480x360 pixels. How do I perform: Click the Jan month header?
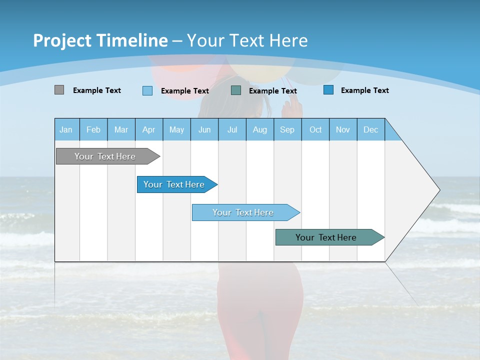tap(66, 129)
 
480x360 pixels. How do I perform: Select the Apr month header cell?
tap(149, 129)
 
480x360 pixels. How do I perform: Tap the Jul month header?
tap(232, 129)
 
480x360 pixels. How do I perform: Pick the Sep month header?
tap(287, 129)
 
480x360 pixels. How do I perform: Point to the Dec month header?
tap(370, 129)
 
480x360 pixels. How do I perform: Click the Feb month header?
tap(93, 129)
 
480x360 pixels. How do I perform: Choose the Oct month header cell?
tap(315, 129)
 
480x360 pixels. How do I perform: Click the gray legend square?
tap(59, 90)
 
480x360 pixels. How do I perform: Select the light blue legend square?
tap(147, 90)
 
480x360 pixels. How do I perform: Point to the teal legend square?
tap(236, 90)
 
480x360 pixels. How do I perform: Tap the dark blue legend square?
tap(328, 90)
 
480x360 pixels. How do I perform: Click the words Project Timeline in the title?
tap(100, 40)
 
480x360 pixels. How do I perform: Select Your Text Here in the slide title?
tap(247, 40)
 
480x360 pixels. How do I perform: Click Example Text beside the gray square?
tap(97, 90)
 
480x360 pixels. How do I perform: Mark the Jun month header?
tap(204, 129)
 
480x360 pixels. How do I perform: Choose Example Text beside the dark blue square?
tap(365, 90)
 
